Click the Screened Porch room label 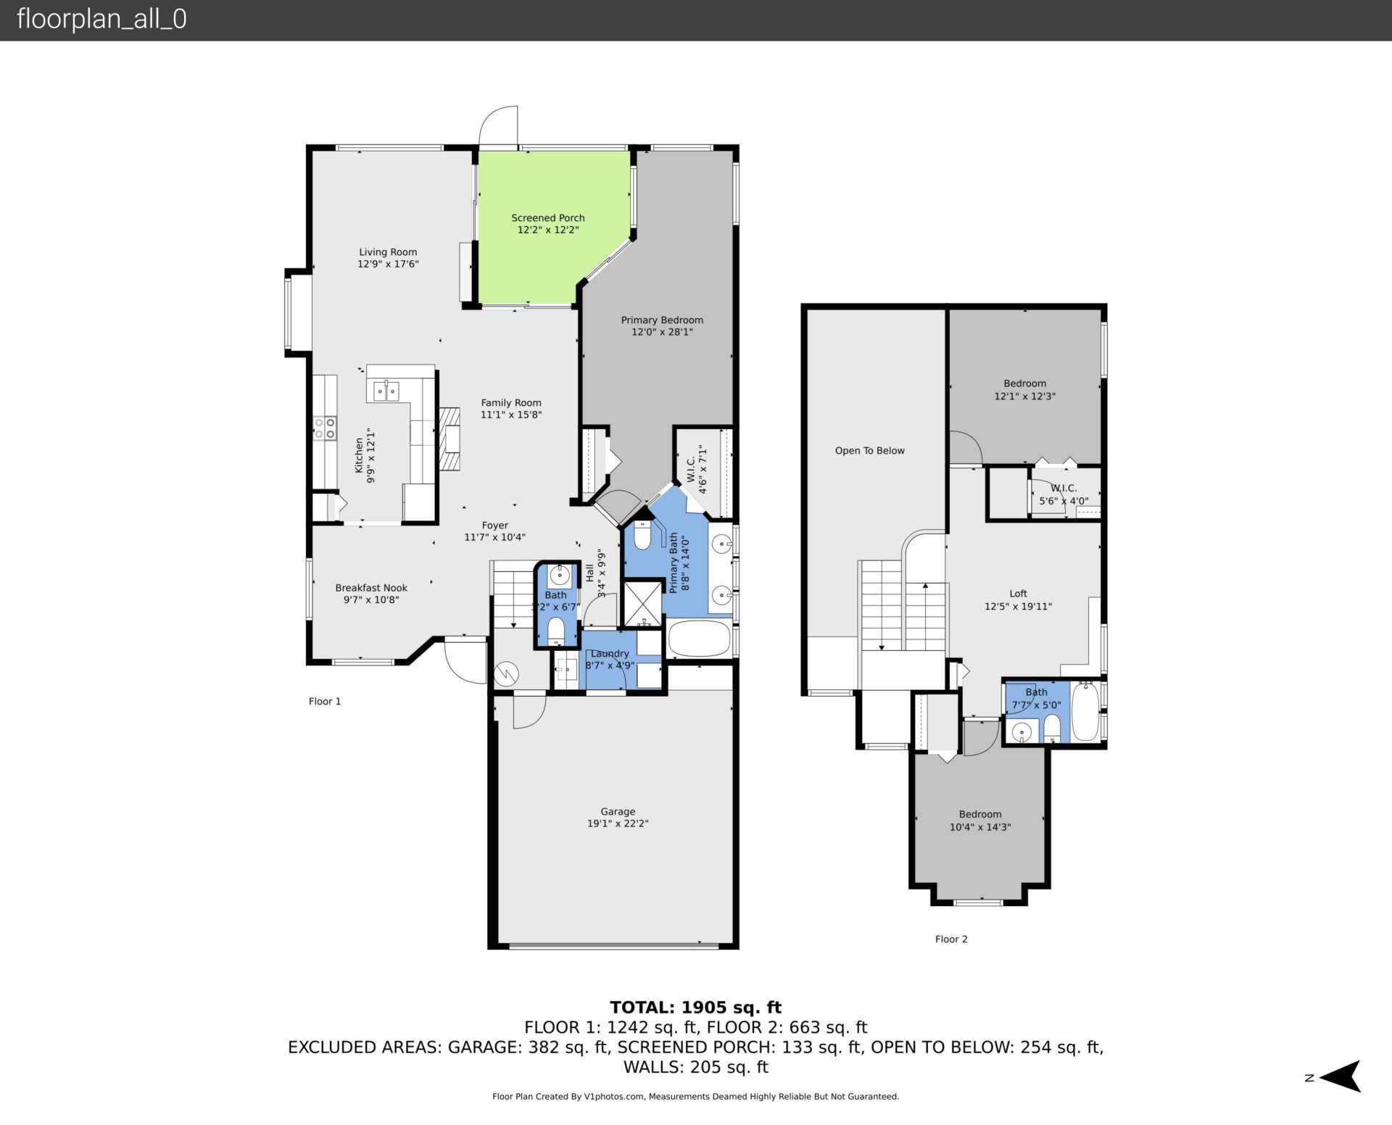(547, 217)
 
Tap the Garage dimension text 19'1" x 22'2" (618, 823)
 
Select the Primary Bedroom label (661, 320)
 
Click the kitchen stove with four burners (324, 428)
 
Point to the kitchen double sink (386, 391)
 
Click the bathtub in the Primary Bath (698, 639)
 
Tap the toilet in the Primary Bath (642, 536)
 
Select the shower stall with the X (642, 602)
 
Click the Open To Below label (869, 450)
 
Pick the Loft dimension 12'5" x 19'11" (1018, 606)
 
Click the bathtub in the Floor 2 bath (1085, 711)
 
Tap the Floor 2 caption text (950, 939)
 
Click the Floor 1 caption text (324, 701)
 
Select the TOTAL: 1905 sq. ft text (695, 1007)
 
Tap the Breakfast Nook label (371, 588)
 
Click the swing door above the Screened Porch (500, 127)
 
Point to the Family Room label (511, 402)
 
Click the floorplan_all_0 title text (101, 19)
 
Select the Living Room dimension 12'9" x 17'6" (388, 264)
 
